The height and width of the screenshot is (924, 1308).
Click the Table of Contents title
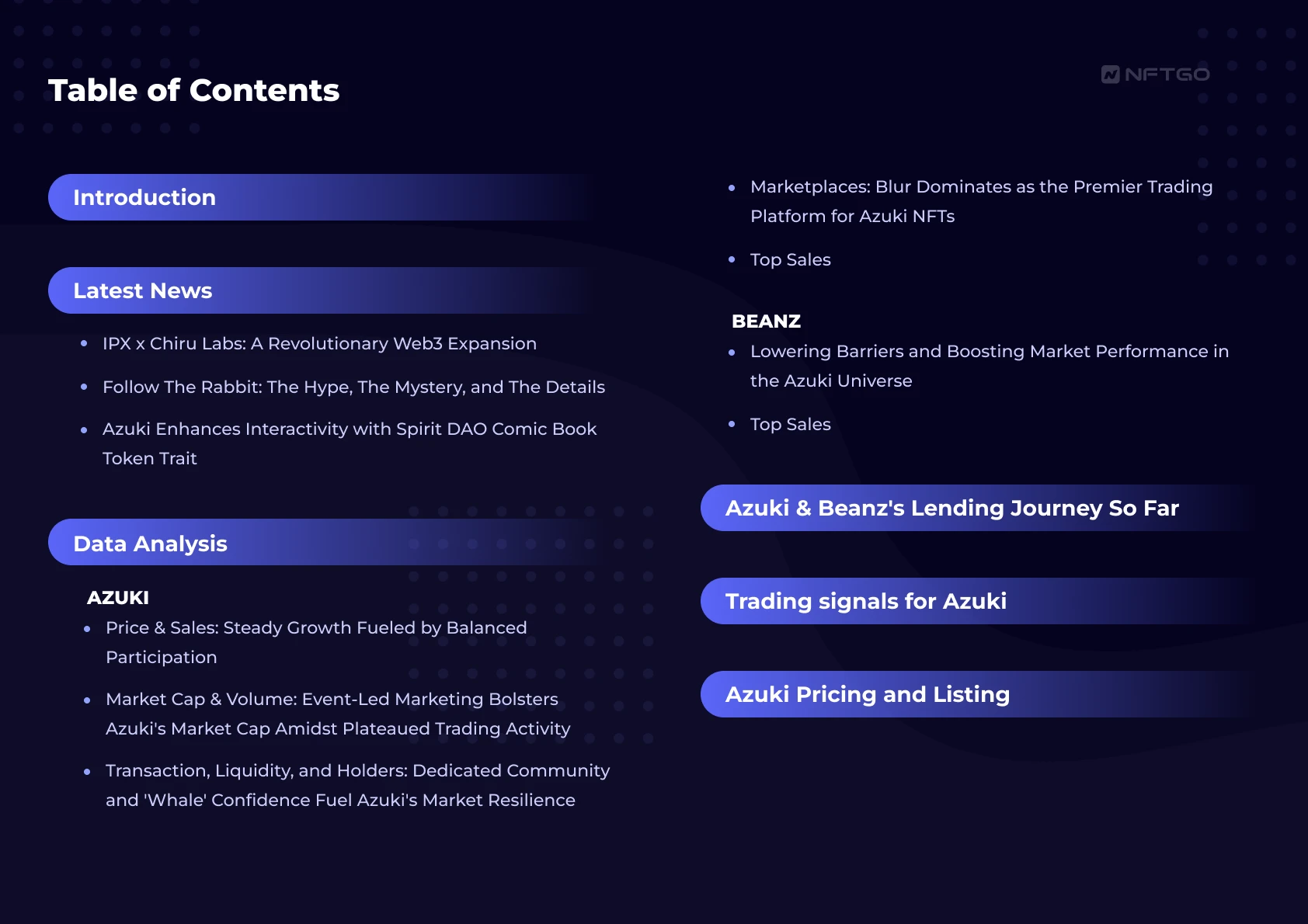coord(194,91)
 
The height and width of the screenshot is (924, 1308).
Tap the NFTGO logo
coord(1155,75)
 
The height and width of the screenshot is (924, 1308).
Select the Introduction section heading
coord(144,197)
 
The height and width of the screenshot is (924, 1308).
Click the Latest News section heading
coord(142,290)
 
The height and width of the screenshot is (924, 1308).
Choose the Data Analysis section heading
coord(150,544)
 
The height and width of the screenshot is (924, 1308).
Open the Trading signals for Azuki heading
coord(866,601)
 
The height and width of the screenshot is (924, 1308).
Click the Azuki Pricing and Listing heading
coord(868,695)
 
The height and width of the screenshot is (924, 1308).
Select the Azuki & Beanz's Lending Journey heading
coord(951,509)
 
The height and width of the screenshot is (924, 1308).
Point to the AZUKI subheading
coord(118,598)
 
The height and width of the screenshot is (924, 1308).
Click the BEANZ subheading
coord(766,321)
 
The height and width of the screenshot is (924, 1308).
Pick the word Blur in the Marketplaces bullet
coord(893,187)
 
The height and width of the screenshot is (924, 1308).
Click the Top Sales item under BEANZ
coord(791,425)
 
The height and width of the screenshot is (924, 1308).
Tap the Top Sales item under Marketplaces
coord(791,260)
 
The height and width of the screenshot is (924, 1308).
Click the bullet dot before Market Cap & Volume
coord(87,700)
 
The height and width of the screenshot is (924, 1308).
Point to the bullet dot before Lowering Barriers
coord(732,352)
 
